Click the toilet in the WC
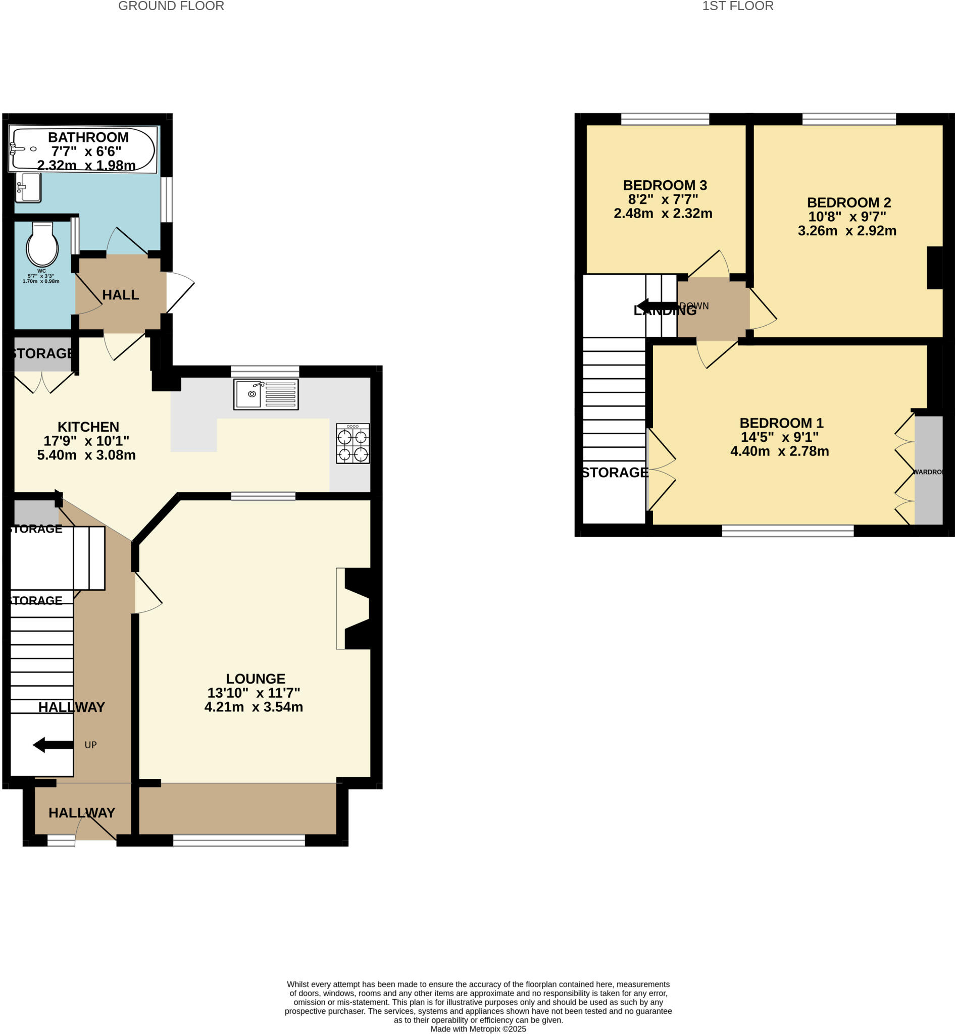(42, 244)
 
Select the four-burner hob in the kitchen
(353, 443)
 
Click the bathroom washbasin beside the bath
(28, 187)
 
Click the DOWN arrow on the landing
(657, 305)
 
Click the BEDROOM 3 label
(665, 185)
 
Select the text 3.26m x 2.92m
(847, 231)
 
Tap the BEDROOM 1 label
(781, 423)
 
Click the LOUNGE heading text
(256, 679)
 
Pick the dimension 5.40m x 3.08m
(86, 455)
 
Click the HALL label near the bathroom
(121, 295)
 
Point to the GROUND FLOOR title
(171, 6)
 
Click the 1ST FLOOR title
(738, 6)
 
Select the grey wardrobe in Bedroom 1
(929, 471)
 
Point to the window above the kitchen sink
(265, 371)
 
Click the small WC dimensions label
(41, 276)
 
